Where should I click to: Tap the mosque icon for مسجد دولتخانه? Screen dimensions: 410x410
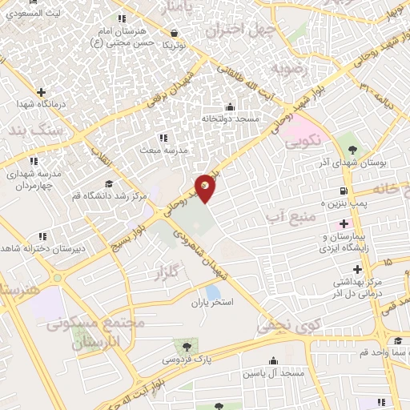[x=231, y=107]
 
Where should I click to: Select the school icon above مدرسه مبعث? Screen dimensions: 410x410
[x=163, y=139]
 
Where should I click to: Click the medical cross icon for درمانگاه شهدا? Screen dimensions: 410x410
[x=41, y=92]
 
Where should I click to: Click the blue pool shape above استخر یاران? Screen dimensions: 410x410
[x=212, y=291]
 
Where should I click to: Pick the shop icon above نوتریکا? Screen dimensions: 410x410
[x=175, y=33]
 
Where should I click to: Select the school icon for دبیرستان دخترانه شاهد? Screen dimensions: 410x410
[x=42, y=236]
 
